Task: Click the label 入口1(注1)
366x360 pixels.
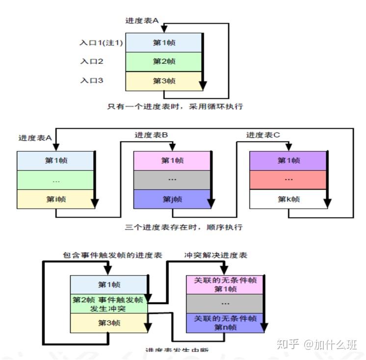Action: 101,43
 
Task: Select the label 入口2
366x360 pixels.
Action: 91,62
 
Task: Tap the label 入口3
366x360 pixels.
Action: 91,80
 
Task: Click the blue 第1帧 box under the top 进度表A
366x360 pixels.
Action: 163,43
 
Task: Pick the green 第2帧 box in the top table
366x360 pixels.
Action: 163,62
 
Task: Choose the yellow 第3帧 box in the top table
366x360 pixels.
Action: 163,81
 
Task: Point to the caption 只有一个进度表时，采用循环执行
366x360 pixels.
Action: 175,105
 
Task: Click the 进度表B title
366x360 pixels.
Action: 152,135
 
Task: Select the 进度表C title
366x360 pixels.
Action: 263,135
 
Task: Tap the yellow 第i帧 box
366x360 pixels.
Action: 55,199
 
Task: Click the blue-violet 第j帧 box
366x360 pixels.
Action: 172,199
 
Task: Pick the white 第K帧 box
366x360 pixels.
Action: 288,199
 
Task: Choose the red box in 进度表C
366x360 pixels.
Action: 288,180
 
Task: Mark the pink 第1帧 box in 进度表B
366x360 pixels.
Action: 172,160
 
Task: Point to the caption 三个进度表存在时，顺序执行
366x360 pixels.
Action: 183,227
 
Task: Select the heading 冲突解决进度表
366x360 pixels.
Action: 215,256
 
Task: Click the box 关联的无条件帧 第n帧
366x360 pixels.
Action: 225,323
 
